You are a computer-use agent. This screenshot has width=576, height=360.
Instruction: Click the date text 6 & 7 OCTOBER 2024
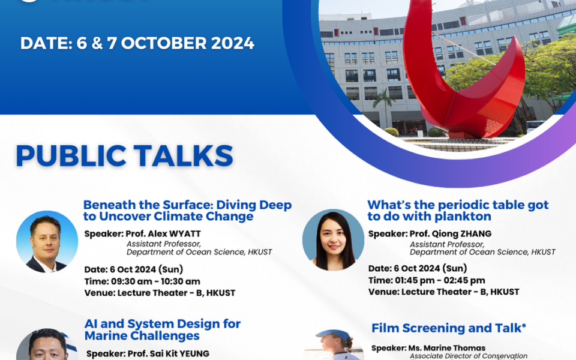pos(137,44)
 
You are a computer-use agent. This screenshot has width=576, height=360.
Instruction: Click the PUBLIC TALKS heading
pos(124,156)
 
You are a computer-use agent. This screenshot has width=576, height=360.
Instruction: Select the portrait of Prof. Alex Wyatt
pos(47,242)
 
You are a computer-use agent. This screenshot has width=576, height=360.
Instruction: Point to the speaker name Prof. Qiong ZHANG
pos(430,234)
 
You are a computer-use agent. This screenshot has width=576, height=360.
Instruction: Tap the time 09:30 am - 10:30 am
pos(142,281)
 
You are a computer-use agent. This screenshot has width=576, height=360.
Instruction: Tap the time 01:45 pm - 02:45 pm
pos(427,280)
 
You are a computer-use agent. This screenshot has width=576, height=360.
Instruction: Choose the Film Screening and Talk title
pos(449,328)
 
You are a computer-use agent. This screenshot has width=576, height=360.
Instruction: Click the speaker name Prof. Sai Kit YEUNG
pos(148,353)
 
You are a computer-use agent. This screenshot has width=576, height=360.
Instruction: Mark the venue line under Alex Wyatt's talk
pos(160,293)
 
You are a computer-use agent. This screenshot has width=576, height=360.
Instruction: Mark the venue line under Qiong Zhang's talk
pos(443,292)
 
